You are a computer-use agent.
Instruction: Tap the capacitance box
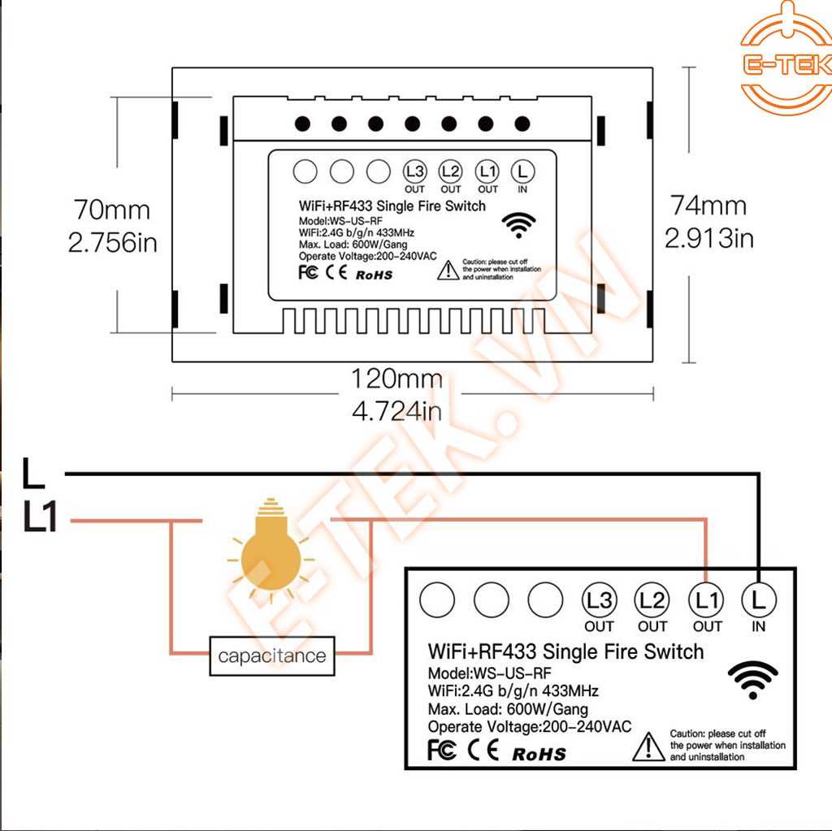(272, 656)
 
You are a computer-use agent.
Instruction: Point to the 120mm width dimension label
(397, 379)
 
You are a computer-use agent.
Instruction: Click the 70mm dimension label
(112, 210)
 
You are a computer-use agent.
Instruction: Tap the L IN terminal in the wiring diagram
(759, 601)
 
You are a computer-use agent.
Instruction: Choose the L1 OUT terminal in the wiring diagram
(706, 601)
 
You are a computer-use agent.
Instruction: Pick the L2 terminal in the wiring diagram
(652, 601)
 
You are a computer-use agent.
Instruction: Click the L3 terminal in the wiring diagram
(599, 601)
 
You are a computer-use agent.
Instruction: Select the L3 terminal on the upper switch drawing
(414, 171)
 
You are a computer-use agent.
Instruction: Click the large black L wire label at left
(33, 474)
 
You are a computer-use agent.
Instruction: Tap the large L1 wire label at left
(41, 518)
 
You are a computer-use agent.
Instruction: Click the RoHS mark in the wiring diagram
(539, 754)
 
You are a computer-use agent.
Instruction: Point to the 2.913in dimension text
(709, 238)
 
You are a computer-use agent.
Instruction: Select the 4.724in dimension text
(397, 411)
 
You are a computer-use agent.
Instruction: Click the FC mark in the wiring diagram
(441, 750)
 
